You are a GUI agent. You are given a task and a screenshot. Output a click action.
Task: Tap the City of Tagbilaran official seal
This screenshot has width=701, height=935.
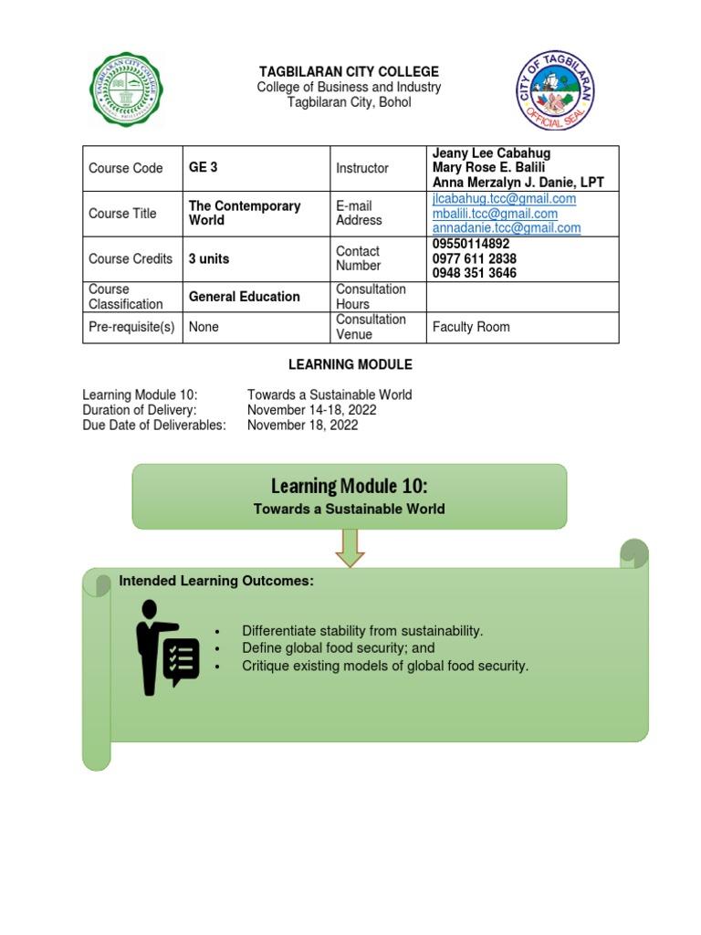(x=557, y=89)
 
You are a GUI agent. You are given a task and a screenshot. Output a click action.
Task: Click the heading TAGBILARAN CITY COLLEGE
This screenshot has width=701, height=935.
(x=350, y=71)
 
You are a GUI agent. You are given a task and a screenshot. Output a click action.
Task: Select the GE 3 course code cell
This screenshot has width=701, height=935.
(x=203, y=168)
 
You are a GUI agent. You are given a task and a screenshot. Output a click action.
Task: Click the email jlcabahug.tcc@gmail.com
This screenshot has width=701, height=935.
(x=504, y=198)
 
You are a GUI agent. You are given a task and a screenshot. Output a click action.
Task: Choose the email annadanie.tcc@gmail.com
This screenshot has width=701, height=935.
(x=507, y=227)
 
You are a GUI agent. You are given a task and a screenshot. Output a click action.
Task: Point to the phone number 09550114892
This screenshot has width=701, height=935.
(x=471, y=244)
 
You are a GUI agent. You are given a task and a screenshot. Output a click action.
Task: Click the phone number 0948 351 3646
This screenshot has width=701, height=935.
(x=474, y=273)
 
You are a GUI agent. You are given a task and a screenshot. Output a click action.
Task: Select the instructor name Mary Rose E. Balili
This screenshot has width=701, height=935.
(x=488, y=168)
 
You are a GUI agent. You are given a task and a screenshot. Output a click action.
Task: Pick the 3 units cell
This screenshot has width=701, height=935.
(x=209, y=258)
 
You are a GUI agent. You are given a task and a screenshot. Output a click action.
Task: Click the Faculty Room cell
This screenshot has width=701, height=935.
(x=471, y=327)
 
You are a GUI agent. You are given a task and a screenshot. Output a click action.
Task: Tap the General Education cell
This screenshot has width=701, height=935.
(x=244, y=297)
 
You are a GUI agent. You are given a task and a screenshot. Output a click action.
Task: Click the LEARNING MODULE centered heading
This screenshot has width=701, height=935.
(x=350, y=364)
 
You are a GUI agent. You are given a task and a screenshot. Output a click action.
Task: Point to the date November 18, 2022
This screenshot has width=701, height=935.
(x=302, y=425)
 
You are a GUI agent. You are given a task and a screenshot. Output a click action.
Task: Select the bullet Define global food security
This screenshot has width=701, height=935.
(x=338, y=648)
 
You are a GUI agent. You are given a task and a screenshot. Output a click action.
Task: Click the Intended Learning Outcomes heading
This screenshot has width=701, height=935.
(x=216, y=581)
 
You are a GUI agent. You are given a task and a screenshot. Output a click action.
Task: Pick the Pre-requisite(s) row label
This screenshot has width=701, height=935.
(x=131, y=327)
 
